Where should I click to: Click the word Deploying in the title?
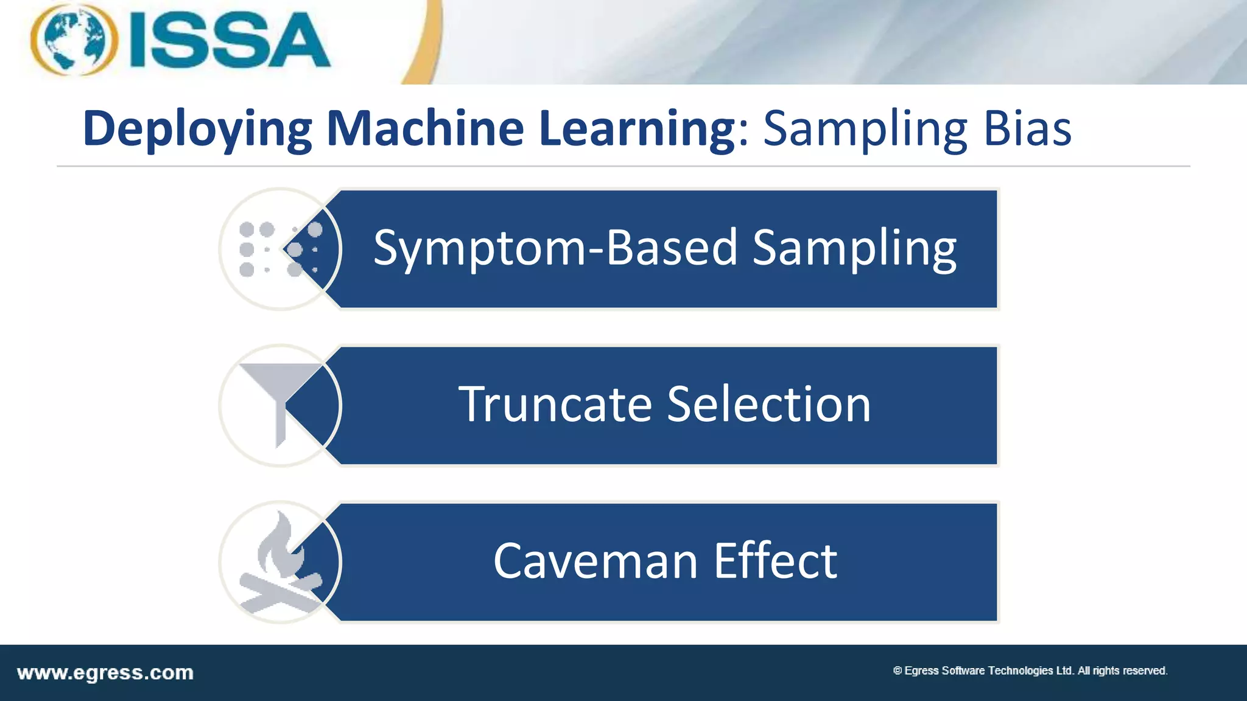click(x=197, y=129)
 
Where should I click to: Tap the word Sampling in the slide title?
click(x=865, y=129)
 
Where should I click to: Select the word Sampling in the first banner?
click(x=854, y=248)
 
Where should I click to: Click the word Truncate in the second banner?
click(x=555, y=405)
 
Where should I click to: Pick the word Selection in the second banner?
click(x=769, y=405)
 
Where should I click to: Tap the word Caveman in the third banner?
click(x=595, y=561)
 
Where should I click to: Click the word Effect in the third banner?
click(x=775, y=560)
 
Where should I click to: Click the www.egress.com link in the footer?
click(x=105, y=673)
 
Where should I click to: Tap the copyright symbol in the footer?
click(x=897, y=671)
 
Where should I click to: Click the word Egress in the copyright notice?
click(x=921, y=671)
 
